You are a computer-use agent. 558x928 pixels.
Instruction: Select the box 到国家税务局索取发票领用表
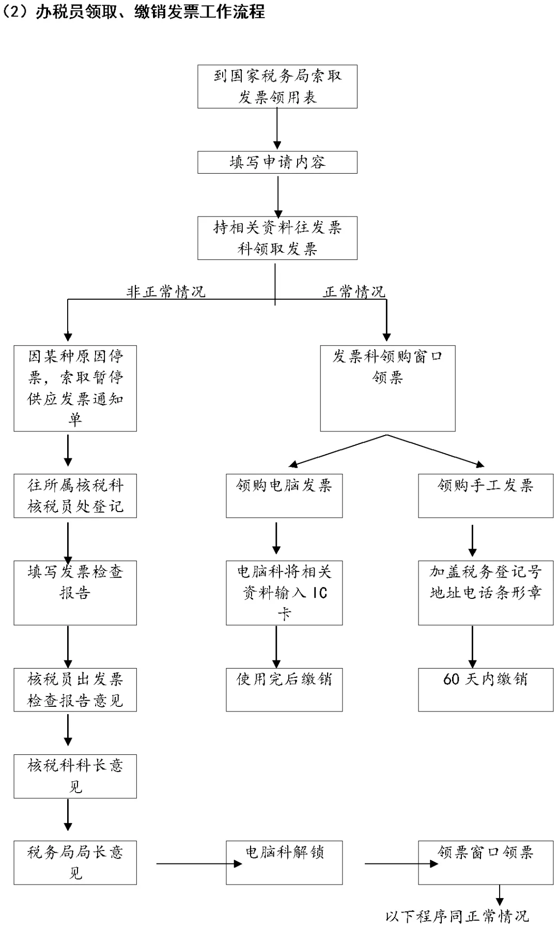pyautogui.click(x=277, y=86)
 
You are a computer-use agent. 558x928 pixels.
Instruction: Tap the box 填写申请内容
pyautogui.click(x=277, y=162)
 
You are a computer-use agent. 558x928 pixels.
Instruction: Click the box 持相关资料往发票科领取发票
pyautogui.click(x=277, y=238)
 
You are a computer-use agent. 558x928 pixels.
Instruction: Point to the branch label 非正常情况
pyautogui.click(x=166, y=292)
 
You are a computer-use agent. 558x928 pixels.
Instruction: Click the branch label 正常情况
pyautogui.click(x=354, y=292)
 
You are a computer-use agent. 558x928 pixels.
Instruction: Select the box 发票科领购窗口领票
pyautogui.click(x=388, y=388)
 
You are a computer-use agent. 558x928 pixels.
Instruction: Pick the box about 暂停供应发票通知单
pyautogui.click(x=75, y=388)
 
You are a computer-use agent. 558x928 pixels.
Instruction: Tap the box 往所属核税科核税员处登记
pyautogui.click(x=75, y=496)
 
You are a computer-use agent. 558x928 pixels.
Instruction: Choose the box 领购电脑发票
pyautogui.click(x=284, y=496)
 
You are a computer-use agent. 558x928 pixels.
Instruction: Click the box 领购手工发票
pyautogui.click(x=485, y=496)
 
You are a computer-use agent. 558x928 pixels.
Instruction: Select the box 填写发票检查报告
pyautogui.click(x=75, y=593)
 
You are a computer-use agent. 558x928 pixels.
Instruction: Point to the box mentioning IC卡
pyautogui.click(x=284, y=593)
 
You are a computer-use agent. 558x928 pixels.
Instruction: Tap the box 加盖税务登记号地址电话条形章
pyautogui.click(x=485, y=593)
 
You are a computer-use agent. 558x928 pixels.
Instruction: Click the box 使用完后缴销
pyautogui.click(x=284, y=689)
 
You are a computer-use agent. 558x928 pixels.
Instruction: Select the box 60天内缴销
pyautogui.click(x=485, y=689)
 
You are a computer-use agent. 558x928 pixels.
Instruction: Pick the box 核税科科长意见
pyautogui.click(x=75, y=776)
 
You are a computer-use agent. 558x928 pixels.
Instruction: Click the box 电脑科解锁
pyautogui.click(x=284, y=862)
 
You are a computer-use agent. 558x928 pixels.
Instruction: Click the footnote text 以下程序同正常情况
pyautogui.click(x=457, y=916)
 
